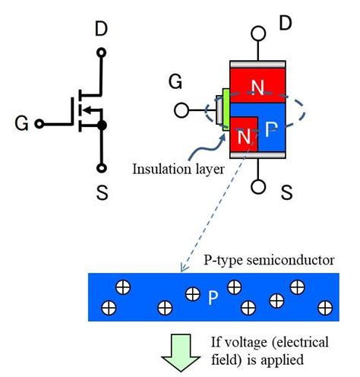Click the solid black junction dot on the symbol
pyautogui.click(x=101, y=124)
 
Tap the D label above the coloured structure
pyautogui.click(x=285, y=24)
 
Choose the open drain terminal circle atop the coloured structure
pyautogui.click(x=258, y=34)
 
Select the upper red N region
pyautogui.click(x=258, y=87)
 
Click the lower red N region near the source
pyautogui.click(x=243, y=138)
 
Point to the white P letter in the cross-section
pyautogui.click(x=272, y=132)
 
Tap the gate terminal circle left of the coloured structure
pyautogui.click(x=181, y=110)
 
